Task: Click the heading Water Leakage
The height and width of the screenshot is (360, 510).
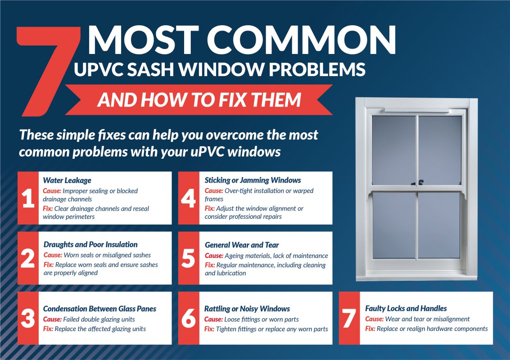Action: pyautogui.click(x=67, y=180)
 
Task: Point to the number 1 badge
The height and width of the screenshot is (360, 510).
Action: pyautogui.click(x=28, y=198)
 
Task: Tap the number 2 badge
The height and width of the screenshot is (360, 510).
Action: pyautogui.click(x=28, y=258)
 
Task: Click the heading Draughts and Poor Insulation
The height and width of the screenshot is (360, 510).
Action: pyautogui.click(x=90, y=244)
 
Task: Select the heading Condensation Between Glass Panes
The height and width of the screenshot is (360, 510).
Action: pyautogui.click(x=99, y=309)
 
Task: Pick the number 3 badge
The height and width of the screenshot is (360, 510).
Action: pyautogui.click(x=28, y=318)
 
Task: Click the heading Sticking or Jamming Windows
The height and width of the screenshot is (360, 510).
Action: pyautogui.click(x=253, y=180)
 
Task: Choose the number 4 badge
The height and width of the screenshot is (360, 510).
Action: pyautogui.click(x=189, y=198)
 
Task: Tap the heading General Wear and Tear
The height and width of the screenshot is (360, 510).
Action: pyautogui.click(x=242, y=245)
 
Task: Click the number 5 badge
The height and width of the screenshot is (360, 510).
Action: pyautogui.click(x=189, y=258)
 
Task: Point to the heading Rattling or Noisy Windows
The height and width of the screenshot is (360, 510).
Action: pyautogui.click(x=247, y=309)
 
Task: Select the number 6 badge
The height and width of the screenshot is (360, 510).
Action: pyautogui.click(x=189, y=318)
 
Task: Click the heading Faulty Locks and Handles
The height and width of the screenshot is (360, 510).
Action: pyautogui.click(x=406, y=308)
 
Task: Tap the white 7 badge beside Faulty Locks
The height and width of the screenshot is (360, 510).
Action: pyautogui.click(x=349, y=318)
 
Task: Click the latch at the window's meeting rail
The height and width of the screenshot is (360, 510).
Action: pyautogui.click(x=418, y=183)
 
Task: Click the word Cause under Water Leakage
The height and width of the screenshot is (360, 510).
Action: pyautogui.click(x=52, y=191)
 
